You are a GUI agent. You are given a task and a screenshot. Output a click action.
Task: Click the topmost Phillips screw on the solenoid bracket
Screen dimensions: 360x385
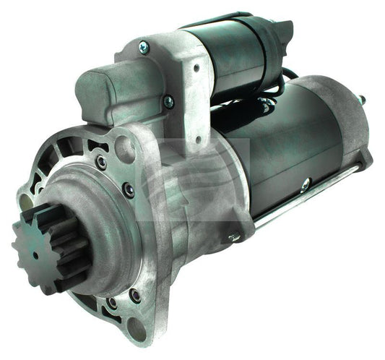click(x=144, y=47)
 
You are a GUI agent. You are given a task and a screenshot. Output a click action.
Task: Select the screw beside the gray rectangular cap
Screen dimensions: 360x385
click(x=168, y=102)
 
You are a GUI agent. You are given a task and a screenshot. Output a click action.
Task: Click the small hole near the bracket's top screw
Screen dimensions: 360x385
click(x=196, y=68)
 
